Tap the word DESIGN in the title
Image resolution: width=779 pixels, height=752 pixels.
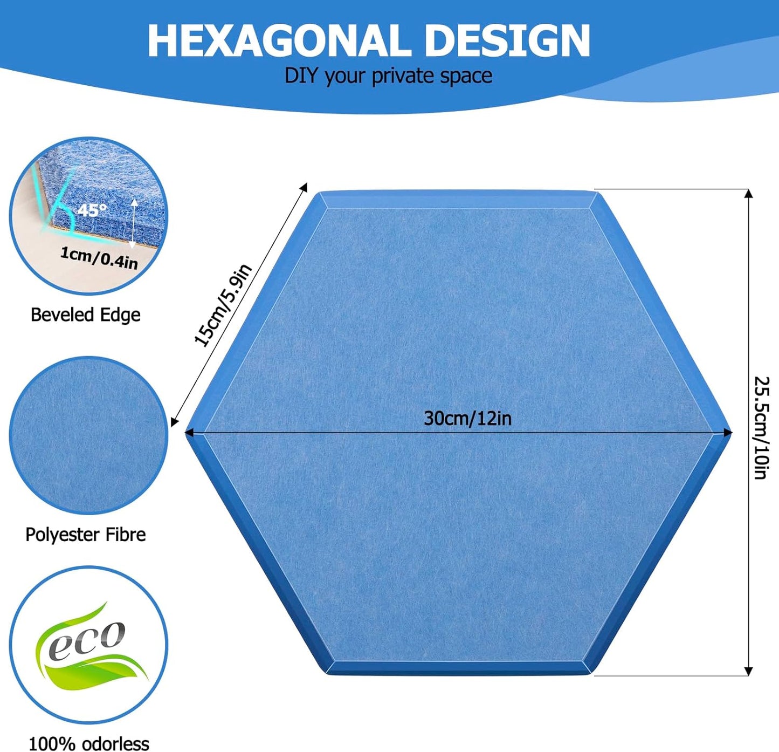(507, 42)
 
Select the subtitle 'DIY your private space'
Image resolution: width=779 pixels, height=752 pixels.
(388, 76)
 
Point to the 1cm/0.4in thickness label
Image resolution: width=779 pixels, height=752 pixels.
(99, 257)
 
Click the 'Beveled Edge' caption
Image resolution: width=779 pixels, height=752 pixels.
(85, 315)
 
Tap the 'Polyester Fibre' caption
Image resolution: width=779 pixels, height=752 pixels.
(85, 535)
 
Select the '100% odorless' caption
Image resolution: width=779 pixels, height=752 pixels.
(88, 743)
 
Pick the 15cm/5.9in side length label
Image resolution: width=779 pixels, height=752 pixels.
(223, 305)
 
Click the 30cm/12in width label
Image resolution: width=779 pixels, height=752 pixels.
(467, 418)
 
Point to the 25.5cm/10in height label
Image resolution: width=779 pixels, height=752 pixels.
(761, 428)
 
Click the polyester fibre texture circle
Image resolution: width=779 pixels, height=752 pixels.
(88, 435)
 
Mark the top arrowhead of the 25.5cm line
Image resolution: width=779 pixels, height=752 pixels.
(748, 194)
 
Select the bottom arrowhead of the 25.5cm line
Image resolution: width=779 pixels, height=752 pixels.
(748, 671)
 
